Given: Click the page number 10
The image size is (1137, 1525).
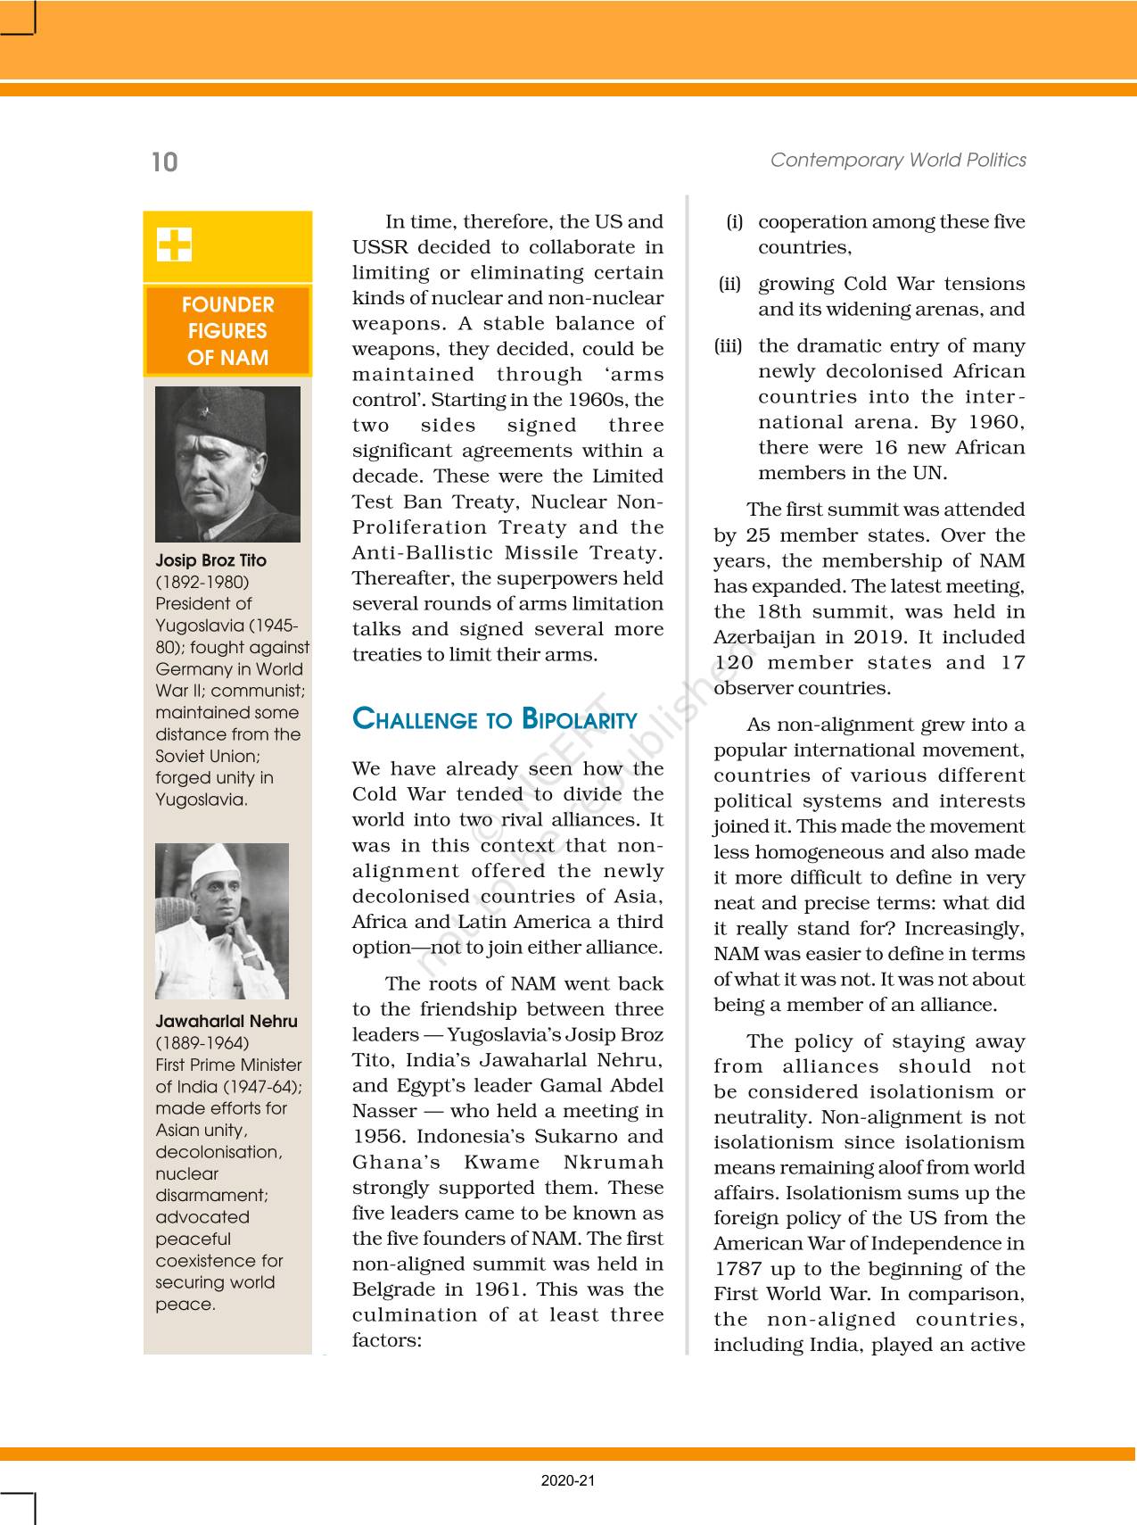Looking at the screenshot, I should [x=165, y=162].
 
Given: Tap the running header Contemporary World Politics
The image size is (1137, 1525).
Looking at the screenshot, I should [x=898, y=160].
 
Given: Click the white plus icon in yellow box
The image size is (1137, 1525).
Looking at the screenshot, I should [x=174, y=244].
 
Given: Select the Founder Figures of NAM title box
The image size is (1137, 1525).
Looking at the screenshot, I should [x=227, y=331].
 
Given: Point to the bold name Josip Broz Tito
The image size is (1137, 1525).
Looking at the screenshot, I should [x=210, y=560].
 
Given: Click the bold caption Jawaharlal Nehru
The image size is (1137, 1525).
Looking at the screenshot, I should [x=227, y=1021].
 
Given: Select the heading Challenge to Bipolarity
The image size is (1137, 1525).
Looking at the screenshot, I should [x=495, y=719].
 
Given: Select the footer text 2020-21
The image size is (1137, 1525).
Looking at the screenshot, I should [x=568, y=1480].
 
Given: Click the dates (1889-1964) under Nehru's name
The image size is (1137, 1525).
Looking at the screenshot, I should [x=202, y=1043].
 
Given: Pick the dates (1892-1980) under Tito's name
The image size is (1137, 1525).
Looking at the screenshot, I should [x=202, y=582].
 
